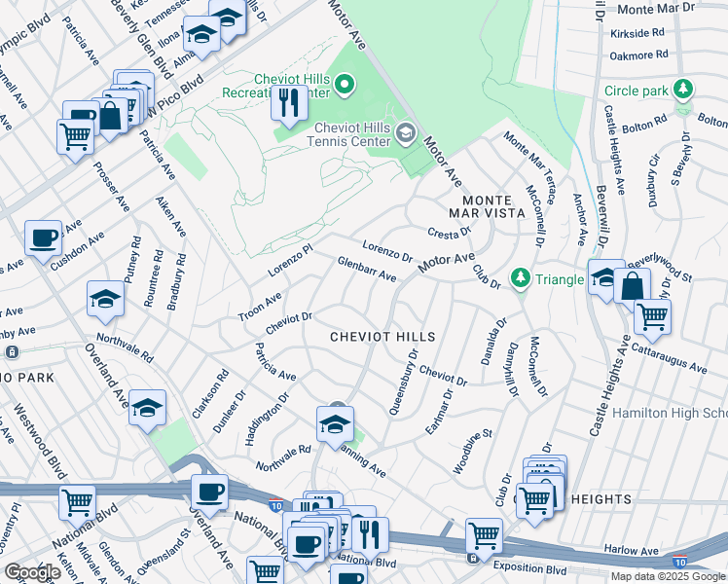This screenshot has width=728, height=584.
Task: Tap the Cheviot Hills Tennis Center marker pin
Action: tap(407, 132)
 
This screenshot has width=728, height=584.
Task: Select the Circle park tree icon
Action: tap(684, 91)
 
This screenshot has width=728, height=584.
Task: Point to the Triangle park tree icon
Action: tap(521, 278)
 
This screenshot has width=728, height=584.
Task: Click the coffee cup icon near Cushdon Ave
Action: tap(44, 237)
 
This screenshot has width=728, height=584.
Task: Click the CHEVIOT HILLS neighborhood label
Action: tap(382, 336)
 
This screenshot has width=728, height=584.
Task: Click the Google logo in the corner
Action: tap(31, 572)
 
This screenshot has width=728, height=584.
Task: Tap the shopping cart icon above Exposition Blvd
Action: tap(484, 535)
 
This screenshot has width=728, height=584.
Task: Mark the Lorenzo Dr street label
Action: tap(387, 248)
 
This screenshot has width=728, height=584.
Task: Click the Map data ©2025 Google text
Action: tap(667, 575)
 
